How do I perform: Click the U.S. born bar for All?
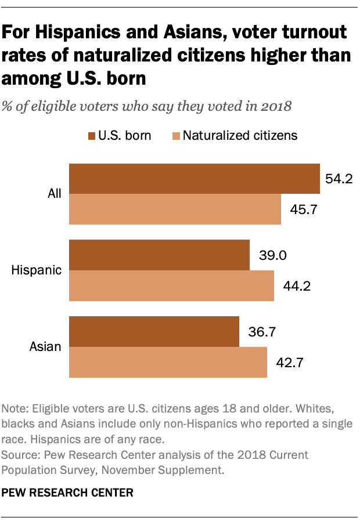click(195, 179)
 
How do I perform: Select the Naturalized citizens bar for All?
click(175, 209)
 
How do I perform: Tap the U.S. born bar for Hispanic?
click(159, 255)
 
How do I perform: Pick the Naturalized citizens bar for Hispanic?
click(171, 286)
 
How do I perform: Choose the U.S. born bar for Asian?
click(154, 331)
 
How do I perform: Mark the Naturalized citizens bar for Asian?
click(168, 363)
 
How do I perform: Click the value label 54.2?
click(339, 179)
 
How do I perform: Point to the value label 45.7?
click(300, 209)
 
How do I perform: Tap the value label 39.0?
click(269, 255)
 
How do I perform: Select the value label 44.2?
click(293, 286)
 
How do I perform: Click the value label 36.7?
click(258, 332)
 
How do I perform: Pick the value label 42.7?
click(286, 363)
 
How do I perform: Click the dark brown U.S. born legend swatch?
click(92, 136)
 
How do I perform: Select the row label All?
click(55, 194)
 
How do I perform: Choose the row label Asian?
click(46, 347)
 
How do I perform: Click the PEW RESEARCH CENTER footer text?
click(68, 493)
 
